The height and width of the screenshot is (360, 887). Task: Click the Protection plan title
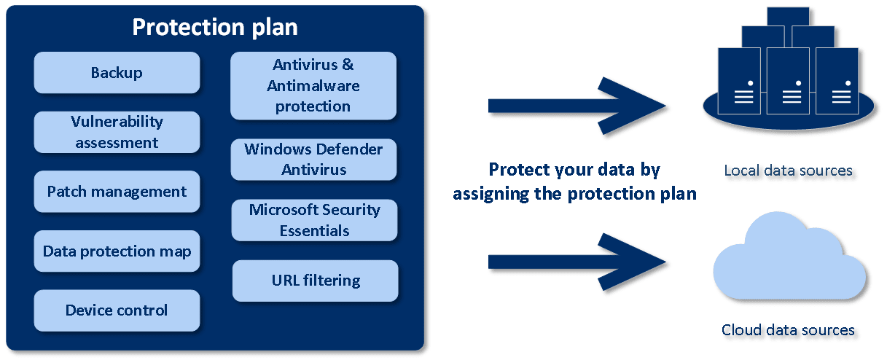[214, 27]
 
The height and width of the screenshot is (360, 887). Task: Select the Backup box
[117, 72]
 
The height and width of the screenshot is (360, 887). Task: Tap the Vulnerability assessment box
[117, 132]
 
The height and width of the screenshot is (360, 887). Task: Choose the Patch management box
[117, 191]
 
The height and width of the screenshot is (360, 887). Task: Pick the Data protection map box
[117, 251]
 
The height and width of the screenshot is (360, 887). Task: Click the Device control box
[117, 310]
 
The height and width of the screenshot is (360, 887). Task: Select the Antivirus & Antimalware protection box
[313, 85]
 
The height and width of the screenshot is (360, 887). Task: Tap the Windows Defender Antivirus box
[313, 159]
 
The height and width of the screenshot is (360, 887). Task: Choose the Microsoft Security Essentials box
[314, 220]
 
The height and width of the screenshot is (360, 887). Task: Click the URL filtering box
[315, 281]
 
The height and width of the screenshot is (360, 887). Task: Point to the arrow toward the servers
[577, 106]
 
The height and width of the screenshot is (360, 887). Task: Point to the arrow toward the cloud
[577, 262]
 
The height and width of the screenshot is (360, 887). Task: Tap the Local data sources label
[788, 171]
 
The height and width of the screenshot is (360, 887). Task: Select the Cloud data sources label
[788, 329]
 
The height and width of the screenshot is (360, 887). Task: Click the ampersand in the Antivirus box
[348, 64]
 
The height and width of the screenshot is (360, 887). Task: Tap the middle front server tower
[788, 81]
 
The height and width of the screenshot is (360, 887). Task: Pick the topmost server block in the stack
[788, 17]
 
